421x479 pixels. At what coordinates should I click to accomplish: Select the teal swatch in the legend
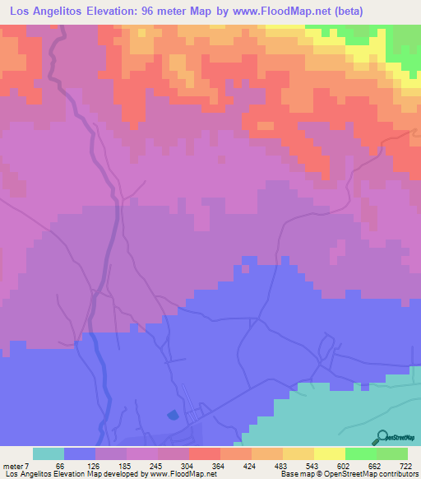pos(49,453)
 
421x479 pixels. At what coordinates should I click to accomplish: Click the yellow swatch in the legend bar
pos(330,453)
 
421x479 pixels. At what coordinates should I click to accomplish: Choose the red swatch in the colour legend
pos(205,453)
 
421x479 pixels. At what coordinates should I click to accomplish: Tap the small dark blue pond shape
pos(171,415)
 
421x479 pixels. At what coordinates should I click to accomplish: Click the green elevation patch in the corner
pos(403,41)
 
